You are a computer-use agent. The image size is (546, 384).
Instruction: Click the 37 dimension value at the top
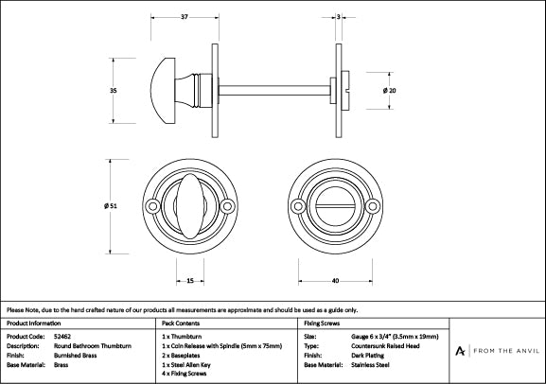(185, 16)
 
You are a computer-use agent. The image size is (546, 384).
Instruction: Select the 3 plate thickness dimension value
(339, 16)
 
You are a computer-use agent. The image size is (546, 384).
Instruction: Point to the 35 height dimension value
(114, 91)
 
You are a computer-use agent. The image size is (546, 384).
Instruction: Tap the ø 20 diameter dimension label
(389, 91)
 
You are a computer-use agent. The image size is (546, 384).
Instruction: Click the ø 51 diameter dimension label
(111, 206)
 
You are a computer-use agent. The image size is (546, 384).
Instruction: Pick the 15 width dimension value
(190, 281)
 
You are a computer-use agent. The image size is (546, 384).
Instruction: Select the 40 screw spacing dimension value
(335, 281)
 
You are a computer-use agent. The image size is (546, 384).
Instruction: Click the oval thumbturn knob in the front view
(190, 206)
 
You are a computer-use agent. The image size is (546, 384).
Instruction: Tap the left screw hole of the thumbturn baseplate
(152, 206)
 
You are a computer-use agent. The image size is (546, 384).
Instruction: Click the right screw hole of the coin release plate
(373, 206)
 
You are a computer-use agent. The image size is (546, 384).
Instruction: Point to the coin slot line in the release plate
(335, 206)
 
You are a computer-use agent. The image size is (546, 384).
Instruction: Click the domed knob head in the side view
(163, 91)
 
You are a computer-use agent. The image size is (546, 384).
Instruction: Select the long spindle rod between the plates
(274, 91)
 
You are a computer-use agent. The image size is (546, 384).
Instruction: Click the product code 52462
(62, 337)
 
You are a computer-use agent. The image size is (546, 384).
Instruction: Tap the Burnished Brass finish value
(75, 356)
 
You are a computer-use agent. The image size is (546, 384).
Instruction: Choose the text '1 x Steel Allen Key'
(186, 365)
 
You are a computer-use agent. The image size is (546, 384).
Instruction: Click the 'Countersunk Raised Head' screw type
(385, 346)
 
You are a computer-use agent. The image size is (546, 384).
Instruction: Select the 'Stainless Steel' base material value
(370, 365)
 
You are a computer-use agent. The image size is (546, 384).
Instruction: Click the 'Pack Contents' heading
(181, 323)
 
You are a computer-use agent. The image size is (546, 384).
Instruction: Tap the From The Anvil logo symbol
(460, 351)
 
